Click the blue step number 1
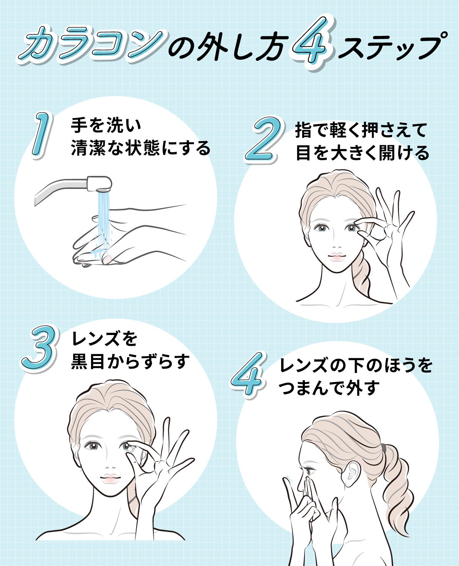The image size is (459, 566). [x=41, y=135]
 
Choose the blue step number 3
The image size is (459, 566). [x=40, y=348]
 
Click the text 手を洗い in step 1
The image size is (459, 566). [x=106, y=125]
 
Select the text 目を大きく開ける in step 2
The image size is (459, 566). [x=363, y=153]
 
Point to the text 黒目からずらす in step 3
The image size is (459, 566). [x=130, y=361]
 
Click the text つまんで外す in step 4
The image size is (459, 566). [x=329, y=388]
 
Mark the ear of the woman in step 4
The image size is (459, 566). [x=352, y=474]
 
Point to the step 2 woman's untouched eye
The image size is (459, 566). [x=321, y=228]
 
